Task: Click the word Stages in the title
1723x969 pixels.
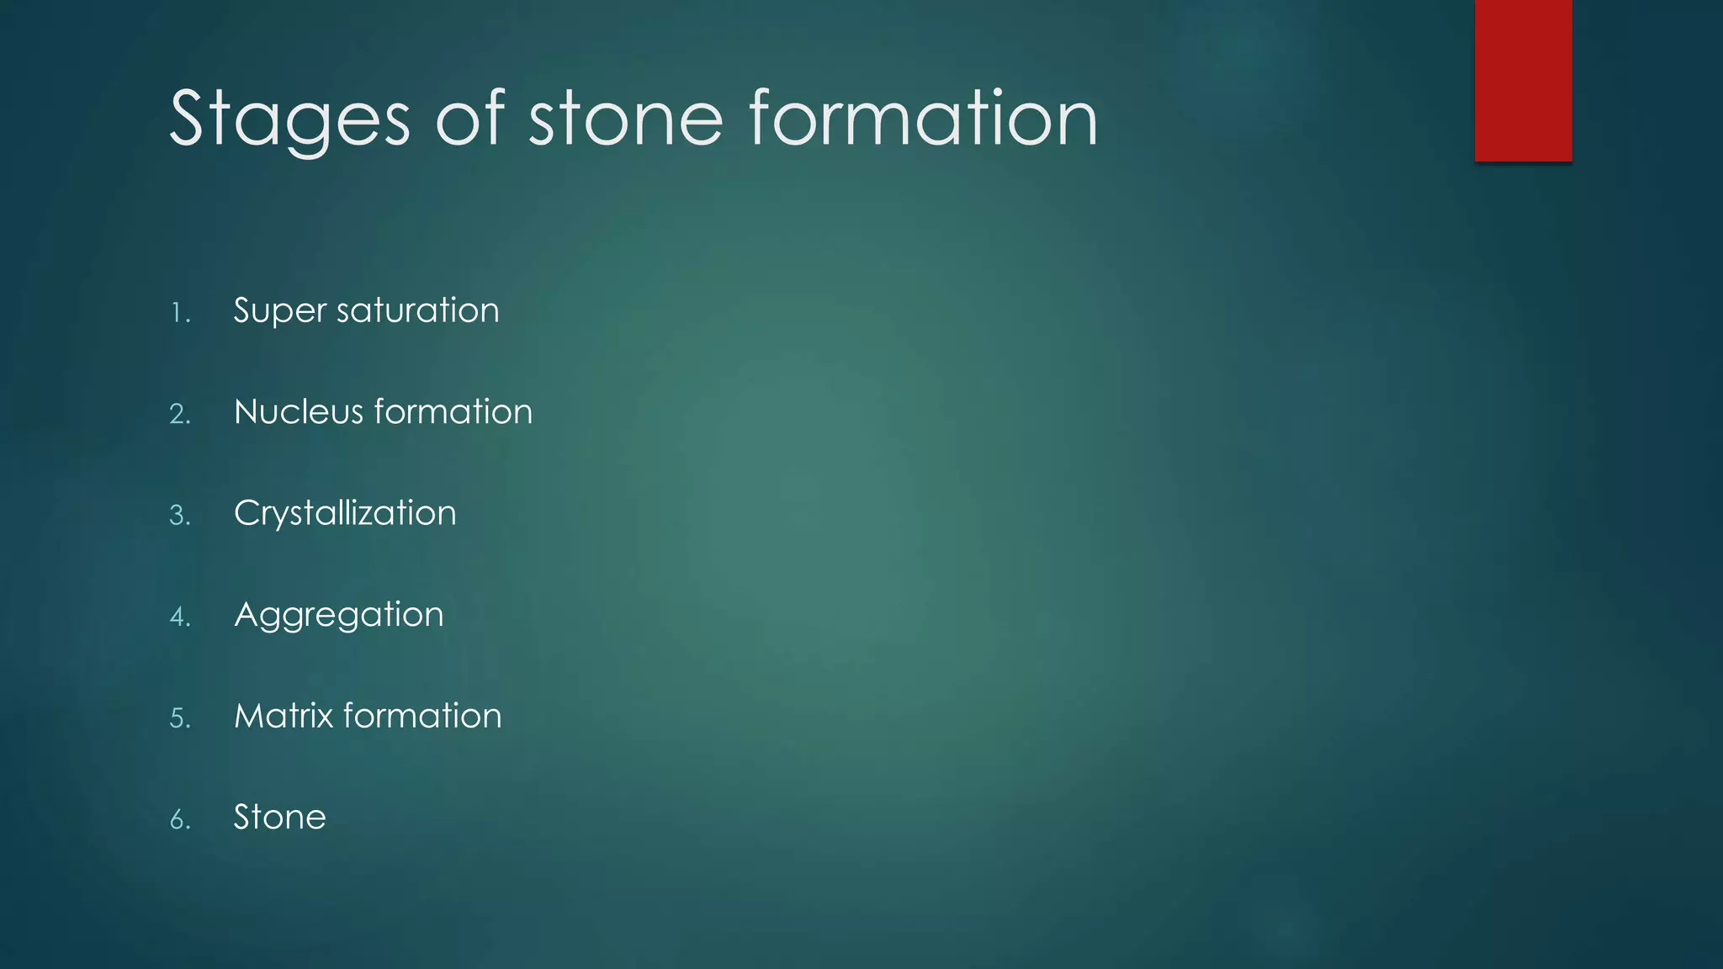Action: (289, 119)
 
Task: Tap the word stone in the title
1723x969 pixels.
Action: (625, 119)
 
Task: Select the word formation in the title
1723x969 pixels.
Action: (923, 119)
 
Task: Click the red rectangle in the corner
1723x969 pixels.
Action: (1523, 80)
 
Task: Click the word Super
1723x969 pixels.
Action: (279, 311)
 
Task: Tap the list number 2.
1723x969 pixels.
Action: (180, 415)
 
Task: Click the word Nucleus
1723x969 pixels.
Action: (298, 412)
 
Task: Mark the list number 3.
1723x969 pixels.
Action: (180, 516)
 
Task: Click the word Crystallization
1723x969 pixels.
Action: (345, 514)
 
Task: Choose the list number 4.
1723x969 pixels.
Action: (180, 617)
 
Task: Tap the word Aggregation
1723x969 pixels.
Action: (338, 616)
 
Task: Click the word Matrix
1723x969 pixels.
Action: (283, 716)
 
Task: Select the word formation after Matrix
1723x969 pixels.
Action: (422, 716)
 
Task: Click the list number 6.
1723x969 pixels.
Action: (180, 820)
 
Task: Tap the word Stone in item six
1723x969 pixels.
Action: (279, 818)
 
